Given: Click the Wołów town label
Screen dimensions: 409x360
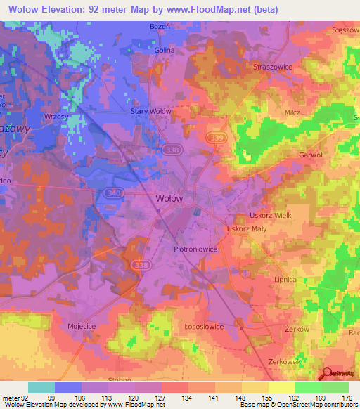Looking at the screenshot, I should (x=168, y=198).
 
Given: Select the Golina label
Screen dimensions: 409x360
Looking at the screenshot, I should (x=165, y=51).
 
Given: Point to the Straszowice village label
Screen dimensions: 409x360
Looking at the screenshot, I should (x=272, y=66).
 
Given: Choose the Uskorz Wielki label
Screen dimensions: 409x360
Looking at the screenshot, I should (x=271, y=215).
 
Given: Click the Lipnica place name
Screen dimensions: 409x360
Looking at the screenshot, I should (x=285, y=279).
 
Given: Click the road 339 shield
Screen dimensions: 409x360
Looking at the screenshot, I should (x=217, y=138).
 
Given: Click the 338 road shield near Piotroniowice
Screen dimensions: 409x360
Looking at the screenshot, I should (x=139, y=264).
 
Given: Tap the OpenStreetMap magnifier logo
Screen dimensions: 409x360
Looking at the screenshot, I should (x=326, y=374).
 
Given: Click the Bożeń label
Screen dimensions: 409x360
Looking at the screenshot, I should (x=160, y=26).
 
